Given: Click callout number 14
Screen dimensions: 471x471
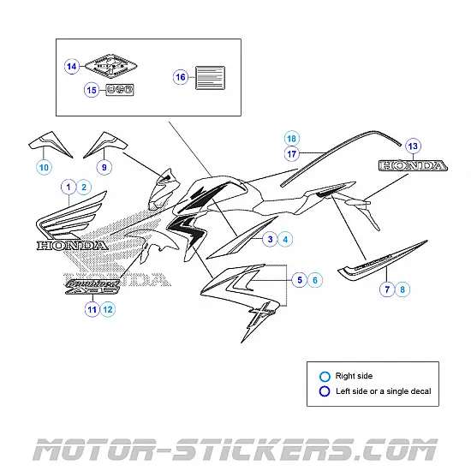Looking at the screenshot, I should pos(72,66).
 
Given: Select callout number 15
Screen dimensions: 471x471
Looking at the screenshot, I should pos(91,89).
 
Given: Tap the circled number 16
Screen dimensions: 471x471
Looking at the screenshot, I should pos(180,77).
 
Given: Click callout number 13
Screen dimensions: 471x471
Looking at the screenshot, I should pos(412,145).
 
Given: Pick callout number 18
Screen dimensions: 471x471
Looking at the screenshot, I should pos(291,138).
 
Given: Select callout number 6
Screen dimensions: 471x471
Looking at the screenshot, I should pos(314,279).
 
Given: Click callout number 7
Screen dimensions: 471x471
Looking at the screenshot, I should pos(387,290).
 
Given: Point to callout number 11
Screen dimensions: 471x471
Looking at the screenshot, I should pos(92,310).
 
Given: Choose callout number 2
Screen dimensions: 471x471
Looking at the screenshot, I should pos(84,187).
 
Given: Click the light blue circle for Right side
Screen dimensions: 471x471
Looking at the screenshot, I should pos(325,376).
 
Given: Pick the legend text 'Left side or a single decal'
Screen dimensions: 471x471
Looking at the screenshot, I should pos(383,391).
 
